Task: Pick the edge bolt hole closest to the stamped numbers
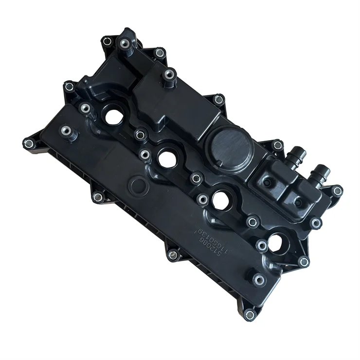[x=173, y=254]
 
